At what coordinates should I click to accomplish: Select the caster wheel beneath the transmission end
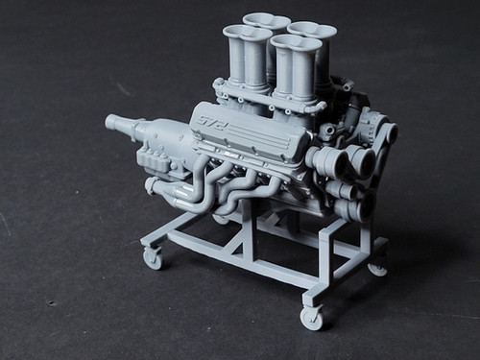pos(153,256)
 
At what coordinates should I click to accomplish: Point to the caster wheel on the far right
pos(377,266)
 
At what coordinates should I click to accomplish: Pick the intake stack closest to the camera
pos(295,67)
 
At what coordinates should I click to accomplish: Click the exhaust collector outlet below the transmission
pos(153,185)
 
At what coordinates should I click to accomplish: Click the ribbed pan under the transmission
pos(157,159)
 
